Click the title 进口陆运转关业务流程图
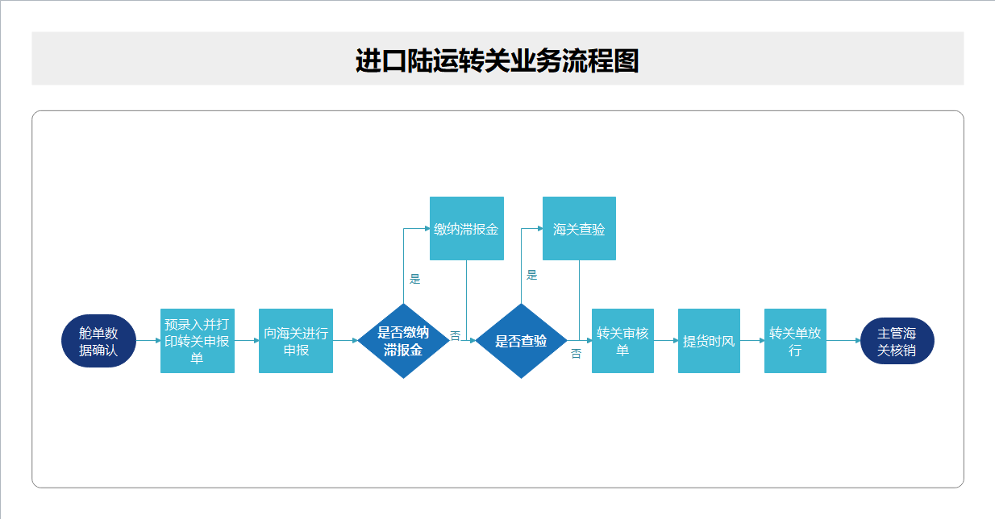pos(497,61)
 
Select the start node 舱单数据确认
pos(98,341)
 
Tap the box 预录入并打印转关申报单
pos(198,341)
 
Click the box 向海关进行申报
pos(296,341)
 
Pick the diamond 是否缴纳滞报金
pos(403,341)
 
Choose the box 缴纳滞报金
pos(466,229)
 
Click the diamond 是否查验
pos(521,341)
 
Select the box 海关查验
pos(579,229)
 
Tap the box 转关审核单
pos(622,341)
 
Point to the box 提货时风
pos(709,341)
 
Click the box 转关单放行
pos(795,341)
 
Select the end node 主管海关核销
pos(897,341)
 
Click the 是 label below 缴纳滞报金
pos(415,280)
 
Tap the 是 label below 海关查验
pos(531,275)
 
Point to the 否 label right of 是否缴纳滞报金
pos(456,335)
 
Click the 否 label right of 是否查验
pos(576,354)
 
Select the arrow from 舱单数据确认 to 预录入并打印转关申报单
pos(148,341)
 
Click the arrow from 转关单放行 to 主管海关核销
pos(843,341)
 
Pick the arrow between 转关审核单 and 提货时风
pos(666,341)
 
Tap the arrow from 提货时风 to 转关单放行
pos(752,341)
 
